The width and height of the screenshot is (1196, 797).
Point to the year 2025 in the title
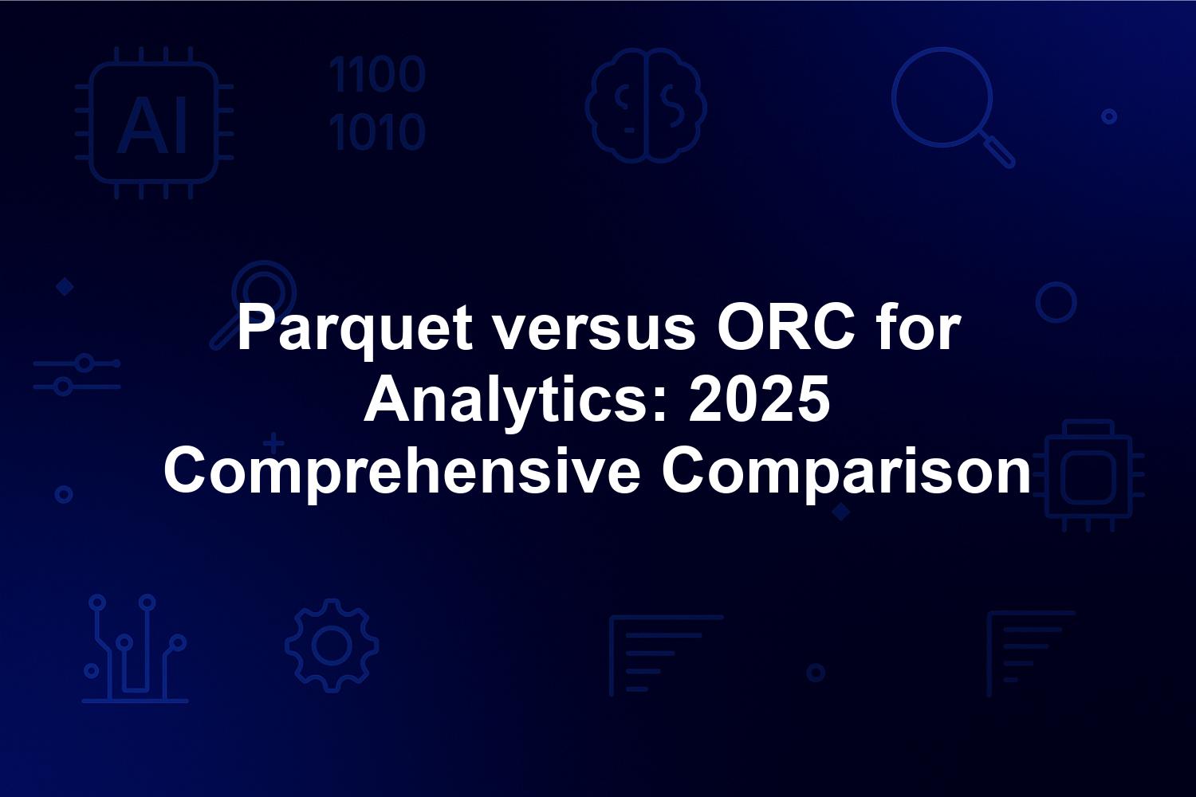point(759,400)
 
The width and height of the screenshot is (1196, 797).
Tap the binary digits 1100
point(377,74)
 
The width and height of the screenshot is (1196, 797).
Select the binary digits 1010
point(377,132)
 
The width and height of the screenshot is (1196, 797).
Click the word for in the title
point(919,328)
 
